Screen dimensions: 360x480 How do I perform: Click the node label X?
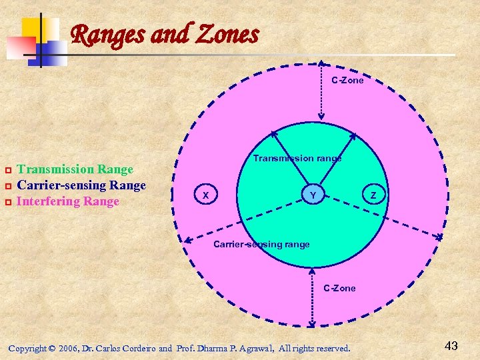(206, 195)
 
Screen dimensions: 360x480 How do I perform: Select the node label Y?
(313, 195)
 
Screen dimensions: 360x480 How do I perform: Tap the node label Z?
(373, 195)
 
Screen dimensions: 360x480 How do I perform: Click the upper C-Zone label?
(348, 80)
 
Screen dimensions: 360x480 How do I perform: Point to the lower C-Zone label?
(339, 288)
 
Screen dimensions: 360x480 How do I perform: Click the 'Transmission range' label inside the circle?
(297, 158)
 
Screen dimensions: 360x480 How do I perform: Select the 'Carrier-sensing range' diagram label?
(261, 244)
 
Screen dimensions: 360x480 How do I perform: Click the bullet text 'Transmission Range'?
(75, 169)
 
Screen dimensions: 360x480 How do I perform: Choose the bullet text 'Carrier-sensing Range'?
(81, 185)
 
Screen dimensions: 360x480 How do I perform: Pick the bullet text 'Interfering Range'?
(68, 201)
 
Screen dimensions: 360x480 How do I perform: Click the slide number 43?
(451, 345)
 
